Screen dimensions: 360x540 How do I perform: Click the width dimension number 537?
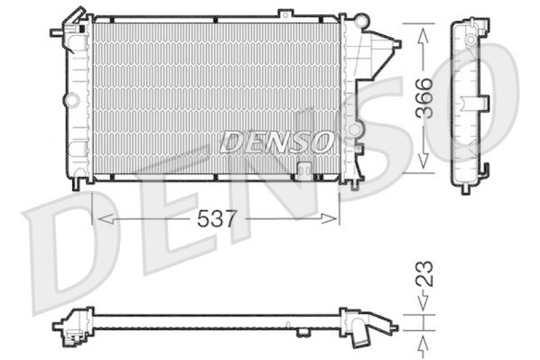(217, 218)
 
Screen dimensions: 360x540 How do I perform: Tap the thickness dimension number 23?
(423, 274)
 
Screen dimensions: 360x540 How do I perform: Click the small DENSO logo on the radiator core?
(275, 142)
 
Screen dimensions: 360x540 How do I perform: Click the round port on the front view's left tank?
(72, 100)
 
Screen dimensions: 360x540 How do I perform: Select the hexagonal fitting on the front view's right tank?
(352, 128)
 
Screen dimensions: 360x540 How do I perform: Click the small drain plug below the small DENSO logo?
(304, 169)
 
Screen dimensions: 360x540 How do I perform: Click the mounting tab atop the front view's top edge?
(286, 14)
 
